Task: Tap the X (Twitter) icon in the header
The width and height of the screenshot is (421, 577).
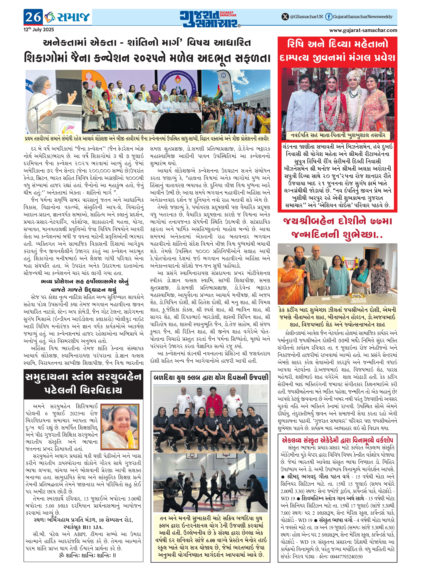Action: point(285,17)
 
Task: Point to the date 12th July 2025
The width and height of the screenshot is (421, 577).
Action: point(39,30)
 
